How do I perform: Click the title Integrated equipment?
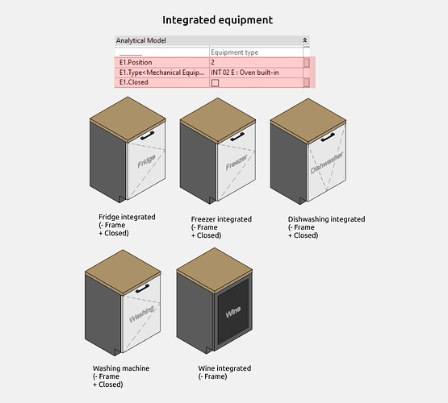coord(217,20)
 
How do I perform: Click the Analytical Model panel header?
coord(212,40)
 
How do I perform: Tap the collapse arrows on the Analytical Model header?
coord(305,40)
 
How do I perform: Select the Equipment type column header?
coord(234,52)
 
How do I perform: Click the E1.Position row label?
coord(136,62)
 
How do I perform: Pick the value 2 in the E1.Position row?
coord(212,62)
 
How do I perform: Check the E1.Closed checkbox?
coord(215,83)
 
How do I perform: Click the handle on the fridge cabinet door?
coord(148,135)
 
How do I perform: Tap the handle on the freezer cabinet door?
coord(237,136)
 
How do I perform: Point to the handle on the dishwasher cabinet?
coord(328,137)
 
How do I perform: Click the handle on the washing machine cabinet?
coord(143,289)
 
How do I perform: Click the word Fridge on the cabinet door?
coord(146,161)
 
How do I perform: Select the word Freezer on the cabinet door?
coord(237,162)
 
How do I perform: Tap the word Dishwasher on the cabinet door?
coord(327,163)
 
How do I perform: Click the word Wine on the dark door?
coord(233,312)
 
